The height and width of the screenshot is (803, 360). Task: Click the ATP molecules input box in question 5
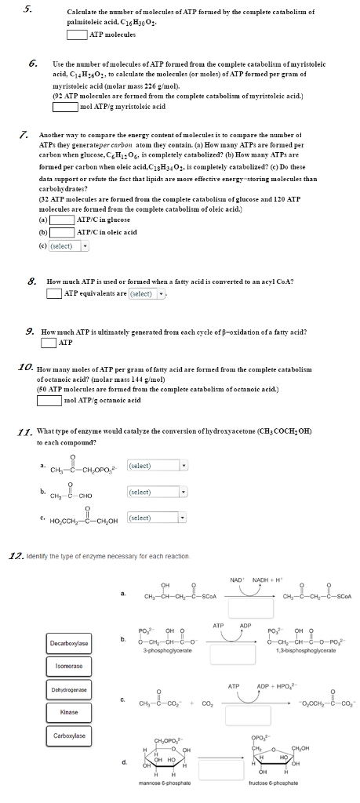(x=76, y=35)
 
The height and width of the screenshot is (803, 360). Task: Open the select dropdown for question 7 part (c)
(x=68, y=245)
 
